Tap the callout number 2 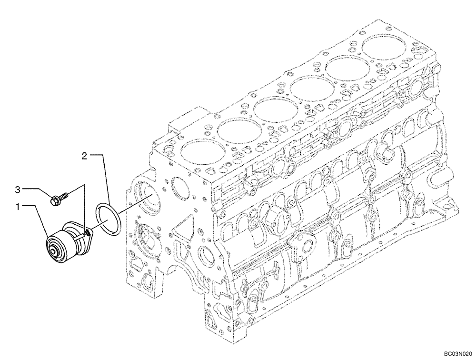click(84, 155)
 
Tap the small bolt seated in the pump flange click(87, 232)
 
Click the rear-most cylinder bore click(385, 46)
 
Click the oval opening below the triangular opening click(206, 257)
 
